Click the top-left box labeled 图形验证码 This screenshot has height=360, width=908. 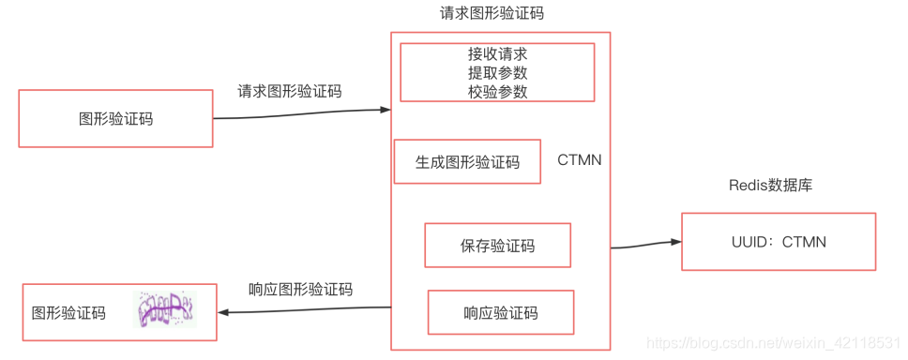pyautogui.click(x=115, y=118)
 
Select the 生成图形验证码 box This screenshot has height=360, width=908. pyautogui.click(x=467, y=161)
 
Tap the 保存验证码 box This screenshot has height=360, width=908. pyautogui.click(x=497, y=246)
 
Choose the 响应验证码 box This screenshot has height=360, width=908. pyautogui.click(x=500, y=312)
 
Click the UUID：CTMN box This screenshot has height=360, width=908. pyautogui.click(x=778, y=242)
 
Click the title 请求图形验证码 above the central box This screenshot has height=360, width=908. pyautogui.click(x=492, y=13)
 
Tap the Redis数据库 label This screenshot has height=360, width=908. pyautogui.click(x=770, y=185)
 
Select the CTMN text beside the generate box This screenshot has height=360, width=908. pyautogui.click(x=580, y=160)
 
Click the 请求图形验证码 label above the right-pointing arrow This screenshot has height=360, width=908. pyautogui.click(x=290, y=91)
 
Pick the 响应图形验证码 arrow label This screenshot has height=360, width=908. pyautogui.click(x=300, y=289)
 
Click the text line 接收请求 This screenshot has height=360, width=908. pyautogui.click(x=497, y=54)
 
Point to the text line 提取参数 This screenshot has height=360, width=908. pyautogui.click(x=497, y=73)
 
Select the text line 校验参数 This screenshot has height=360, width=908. pyautogui.click(x=497, y=92)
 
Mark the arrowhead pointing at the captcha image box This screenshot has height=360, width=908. pyautogui.click(x=223, y=313)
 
